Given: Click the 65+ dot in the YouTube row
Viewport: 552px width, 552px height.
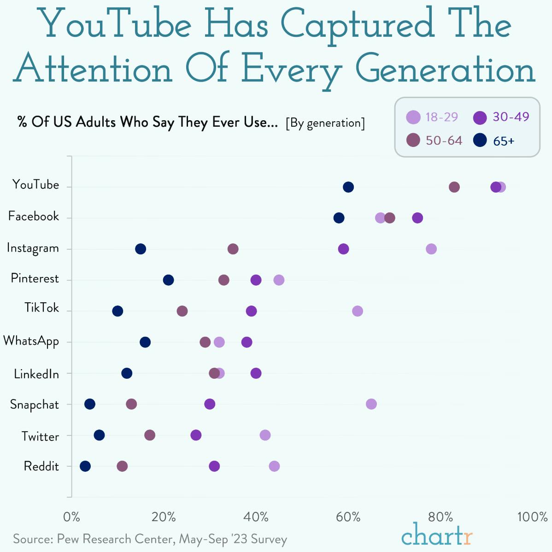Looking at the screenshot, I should (x=348, y=187).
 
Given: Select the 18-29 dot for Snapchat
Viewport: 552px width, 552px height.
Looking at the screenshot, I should (x=371, y=404).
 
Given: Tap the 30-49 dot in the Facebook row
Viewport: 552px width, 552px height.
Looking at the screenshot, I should (x=417, y=218).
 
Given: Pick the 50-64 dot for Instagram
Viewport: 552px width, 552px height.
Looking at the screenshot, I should (x=233, y=249).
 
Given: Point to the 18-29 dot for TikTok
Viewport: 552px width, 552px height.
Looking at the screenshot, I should (x=358, y=311).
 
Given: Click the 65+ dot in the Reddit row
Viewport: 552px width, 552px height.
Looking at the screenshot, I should (x=85, y=466).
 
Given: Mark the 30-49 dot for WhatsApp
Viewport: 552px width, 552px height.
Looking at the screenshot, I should (x=247, y=342).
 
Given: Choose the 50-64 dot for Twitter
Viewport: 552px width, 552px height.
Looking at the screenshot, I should (x=150, y=435).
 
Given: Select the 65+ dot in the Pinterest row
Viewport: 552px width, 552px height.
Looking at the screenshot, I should (x=169, y=280).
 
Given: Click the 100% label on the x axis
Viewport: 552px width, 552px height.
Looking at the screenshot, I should (x=532, y=517).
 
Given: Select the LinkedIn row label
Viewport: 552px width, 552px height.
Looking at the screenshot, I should (x=36, y=374).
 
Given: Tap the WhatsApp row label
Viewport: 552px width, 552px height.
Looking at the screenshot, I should (x=31, y=341).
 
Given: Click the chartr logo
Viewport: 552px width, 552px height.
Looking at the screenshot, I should (x=437, y=535).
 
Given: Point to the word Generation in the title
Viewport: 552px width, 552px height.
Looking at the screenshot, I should (x=445, y=70).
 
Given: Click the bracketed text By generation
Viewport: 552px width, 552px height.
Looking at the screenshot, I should (x=325, y=123).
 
